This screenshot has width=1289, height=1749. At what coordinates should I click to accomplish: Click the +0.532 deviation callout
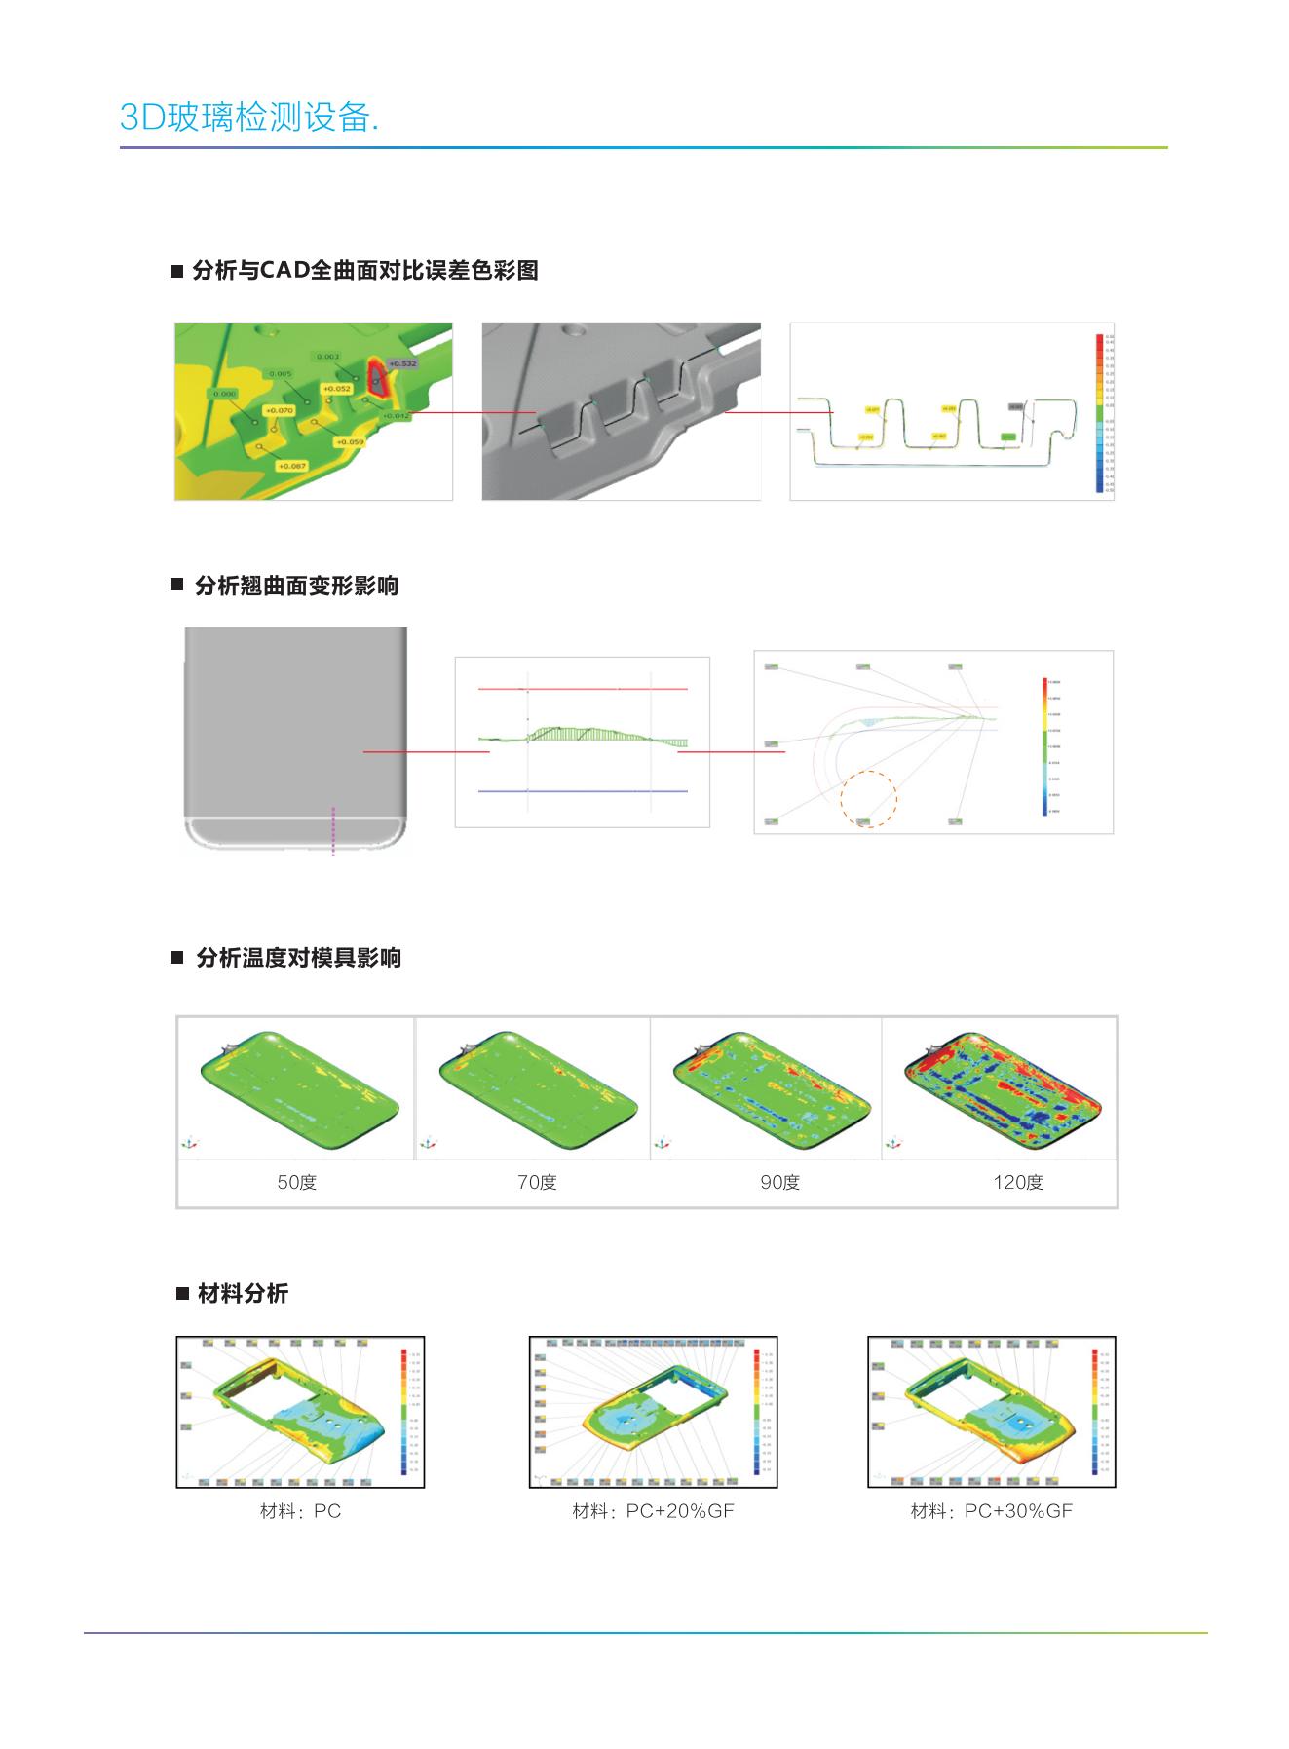(402, 363)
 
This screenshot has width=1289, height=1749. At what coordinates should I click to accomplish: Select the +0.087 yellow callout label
(291, 466)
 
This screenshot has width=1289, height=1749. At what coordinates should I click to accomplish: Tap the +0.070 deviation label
(280, 410)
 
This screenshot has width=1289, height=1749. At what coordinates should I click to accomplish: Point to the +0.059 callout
(349, 442)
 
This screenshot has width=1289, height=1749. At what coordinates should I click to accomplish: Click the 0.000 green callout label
(224, 394)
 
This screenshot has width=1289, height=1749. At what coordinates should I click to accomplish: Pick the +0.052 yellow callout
(335, 388)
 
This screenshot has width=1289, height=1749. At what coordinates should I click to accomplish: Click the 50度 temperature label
(297, 1182)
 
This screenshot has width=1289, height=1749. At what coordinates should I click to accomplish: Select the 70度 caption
(537, 1182)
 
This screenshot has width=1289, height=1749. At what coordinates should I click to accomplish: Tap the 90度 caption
(779, 1182)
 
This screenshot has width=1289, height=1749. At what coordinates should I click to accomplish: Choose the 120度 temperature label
(1017, 1182)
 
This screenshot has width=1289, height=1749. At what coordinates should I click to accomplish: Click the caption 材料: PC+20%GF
(653, 1510)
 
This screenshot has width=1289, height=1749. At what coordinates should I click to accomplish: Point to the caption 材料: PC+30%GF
(991, 1510)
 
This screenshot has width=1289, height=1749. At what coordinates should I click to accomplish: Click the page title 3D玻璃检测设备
(249, 117)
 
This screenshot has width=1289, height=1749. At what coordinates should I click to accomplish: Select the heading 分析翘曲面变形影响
(296, 586)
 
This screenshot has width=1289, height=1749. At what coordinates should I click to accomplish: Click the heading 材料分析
(243, 1293)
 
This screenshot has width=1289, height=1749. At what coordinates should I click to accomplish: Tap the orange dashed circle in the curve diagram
(868, 799)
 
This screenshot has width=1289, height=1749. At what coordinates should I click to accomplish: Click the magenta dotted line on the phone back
(333, 830)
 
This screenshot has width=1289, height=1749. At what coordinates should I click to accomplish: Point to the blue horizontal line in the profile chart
(583, 791)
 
